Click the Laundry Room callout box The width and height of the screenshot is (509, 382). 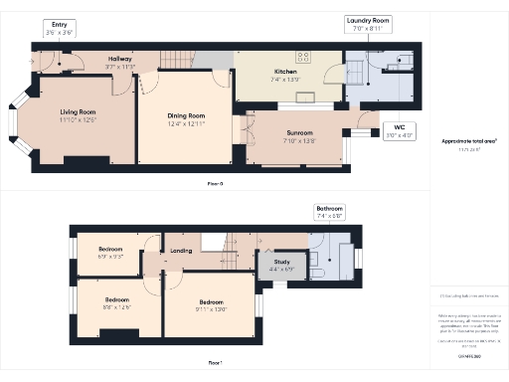click(x=368, y=25)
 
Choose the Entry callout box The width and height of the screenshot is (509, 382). click(x=59, y=28)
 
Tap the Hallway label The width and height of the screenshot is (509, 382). click(x=119, y=62)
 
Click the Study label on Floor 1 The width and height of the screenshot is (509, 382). click(x=282, y=265)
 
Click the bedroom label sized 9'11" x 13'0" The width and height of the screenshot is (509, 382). click(x=212, y=306)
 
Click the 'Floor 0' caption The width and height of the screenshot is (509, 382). click(x=216, y=185)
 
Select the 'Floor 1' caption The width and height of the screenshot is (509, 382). click(x=216, y=363)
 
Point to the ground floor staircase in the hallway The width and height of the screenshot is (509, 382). click(x=189, y=59)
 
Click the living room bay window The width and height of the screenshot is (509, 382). click(x=18, y=118)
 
